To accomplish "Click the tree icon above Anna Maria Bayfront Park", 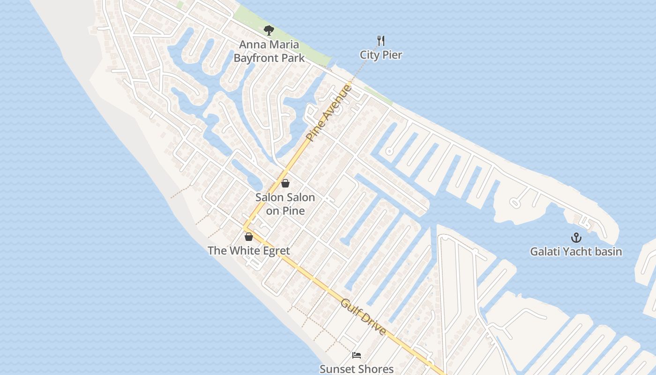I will [268, 31].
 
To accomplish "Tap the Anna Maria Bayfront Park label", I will [269, 52].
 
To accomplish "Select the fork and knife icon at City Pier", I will [381, 41].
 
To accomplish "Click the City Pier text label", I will [381, 55].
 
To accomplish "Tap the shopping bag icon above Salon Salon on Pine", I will [285, 183].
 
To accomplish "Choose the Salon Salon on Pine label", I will [285, 204].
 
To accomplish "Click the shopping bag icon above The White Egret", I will [249, 237].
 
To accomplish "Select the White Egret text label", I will [249, 251].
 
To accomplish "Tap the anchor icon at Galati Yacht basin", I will [576, 238].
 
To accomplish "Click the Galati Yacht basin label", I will [576, 252].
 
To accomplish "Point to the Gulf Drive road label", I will [364, 317].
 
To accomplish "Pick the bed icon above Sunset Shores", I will [357, 355].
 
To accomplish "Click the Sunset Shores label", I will [357, 369].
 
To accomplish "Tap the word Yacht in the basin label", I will [576, 252].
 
